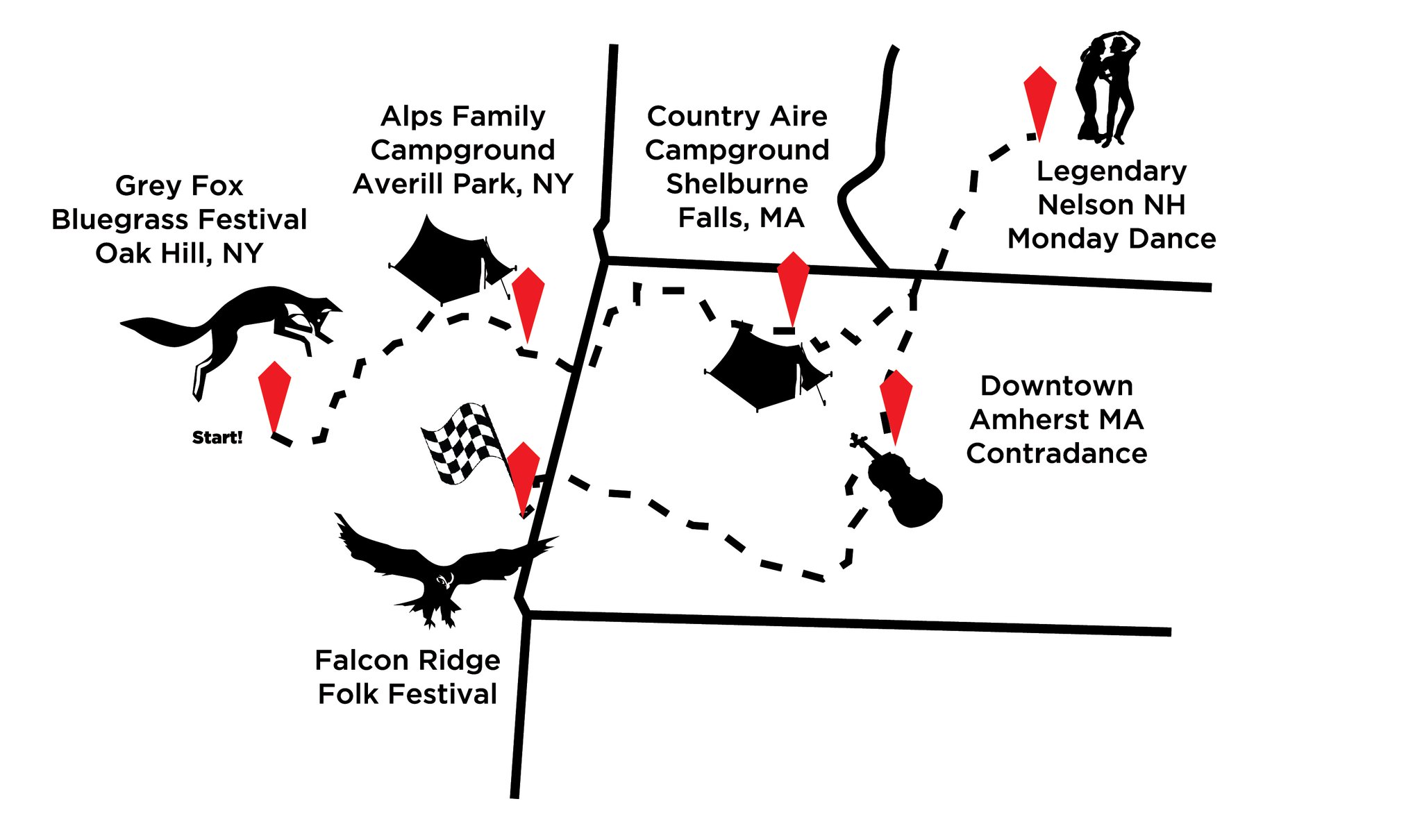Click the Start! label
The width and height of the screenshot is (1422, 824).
217,437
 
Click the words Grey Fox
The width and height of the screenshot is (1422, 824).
179,186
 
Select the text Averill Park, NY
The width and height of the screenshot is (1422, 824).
463,184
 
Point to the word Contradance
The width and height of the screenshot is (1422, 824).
1056,453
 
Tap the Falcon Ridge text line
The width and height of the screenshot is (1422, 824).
408,660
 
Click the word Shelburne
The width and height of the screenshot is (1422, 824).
737,184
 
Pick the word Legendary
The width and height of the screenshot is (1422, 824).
1112,171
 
